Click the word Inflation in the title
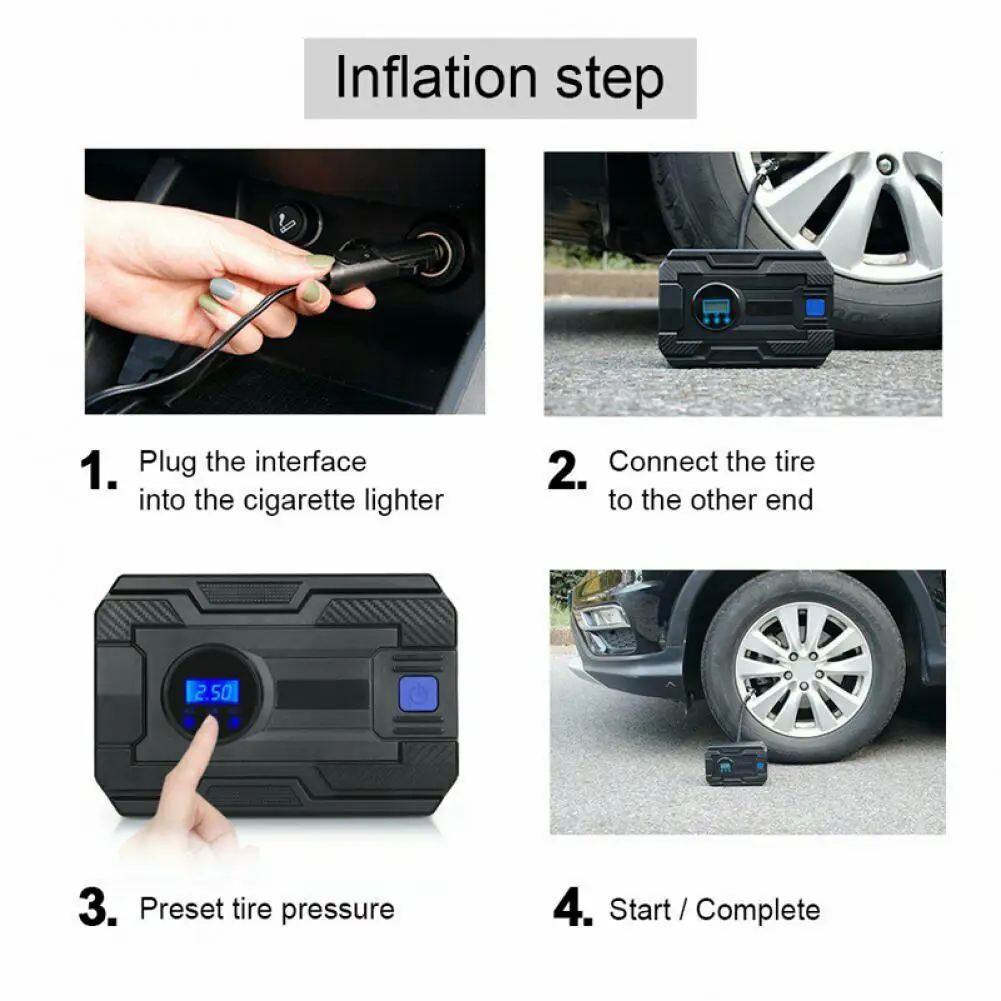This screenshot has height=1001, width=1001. [x=436, y=77]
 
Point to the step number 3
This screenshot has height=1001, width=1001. [x=98, y=907]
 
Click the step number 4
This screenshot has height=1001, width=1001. [x=573, y=907]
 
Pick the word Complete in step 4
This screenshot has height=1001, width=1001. [x=758, y=910]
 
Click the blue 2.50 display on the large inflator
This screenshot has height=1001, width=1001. [x=212, y=692]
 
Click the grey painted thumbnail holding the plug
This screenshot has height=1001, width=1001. [x=223, y=290]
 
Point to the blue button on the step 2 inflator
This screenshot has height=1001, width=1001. [x=815, y=307]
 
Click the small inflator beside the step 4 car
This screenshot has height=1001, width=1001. [x=735, y=764]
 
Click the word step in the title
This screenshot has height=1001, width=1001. [x=610, y=80]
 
